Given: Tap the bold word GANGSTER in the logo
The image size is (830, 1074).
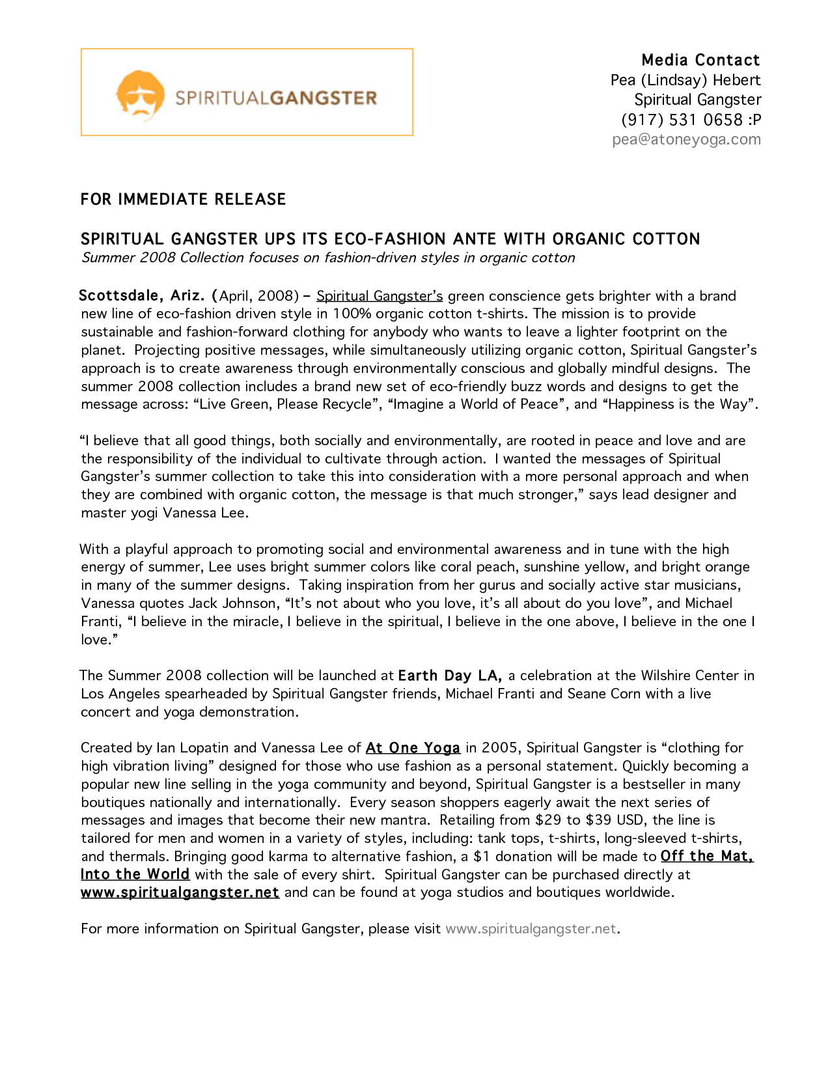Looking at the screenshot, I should [323, 98].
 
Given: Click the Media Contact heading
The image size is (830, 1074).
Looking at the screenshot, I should [700, 60].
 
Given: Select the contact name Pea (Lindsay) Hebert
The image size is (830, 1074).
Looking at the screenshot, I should [685, 80].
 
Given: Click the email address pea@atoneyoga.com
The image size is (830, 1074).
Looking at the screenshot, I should [686, 139].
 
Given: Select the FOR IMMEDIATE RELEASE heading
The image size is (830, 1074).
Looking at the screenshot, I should [183, 199].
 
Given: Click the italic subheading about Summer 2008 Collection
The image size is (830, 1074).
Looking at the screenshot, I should [328, 258].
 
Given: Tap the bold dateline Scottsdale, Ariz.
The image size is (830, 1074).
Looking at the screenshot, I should [141, 296].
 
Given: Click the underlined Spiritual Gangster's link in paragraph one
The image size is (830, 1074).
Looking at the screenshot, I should [380, 296].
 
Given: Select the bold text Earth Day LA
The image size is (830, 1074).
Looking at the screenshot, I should [449, 676].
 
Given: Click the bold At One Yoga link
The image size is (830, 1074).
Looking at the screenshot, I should [413, 748].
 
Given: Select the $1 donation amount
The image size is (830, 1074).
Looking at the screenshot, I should [481, 857].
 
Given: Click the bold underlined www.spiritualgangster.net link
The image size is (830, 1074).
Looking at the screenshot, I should [180, 892].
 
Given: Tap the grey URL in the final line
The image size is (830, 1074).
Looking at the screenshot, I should [531, 929].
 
